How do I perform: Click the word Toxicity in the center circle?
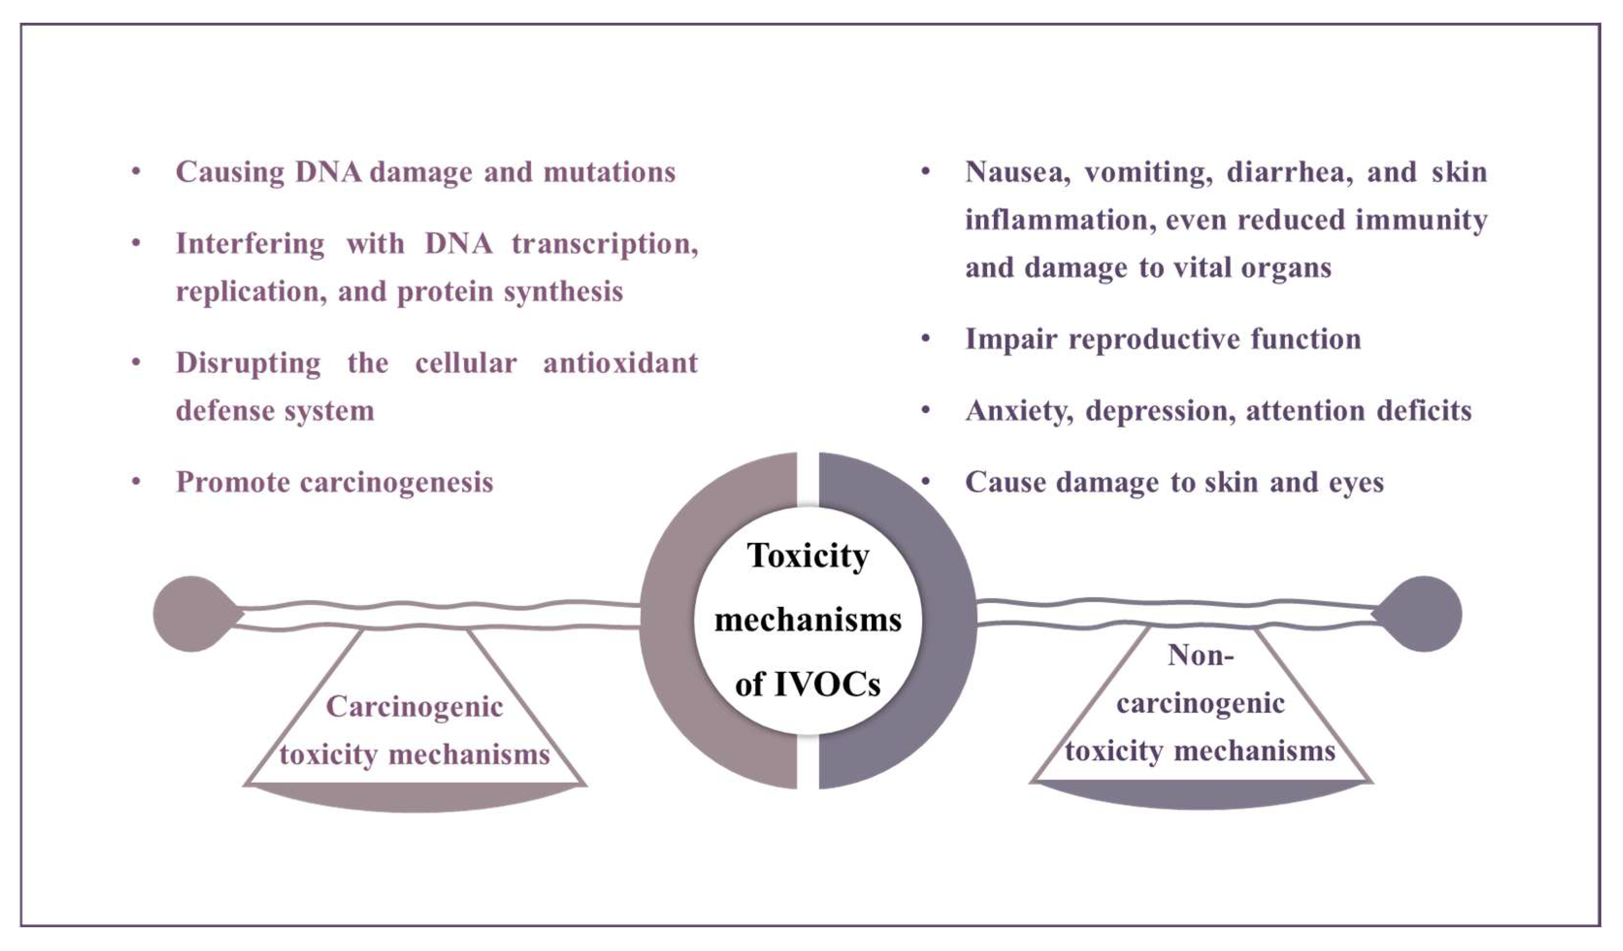click(x=808, y=556)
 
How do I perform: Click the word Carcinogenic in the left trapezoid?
click(x=414, y=707)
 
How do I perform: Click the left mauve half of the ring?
click(x=670, y=619)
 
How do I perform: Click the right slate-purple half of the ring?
click(x=947, y=619)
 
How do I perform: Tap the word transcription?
click(x=604, y=244)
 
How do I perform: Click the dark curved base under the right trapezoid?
click(x=1200, y=796)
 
